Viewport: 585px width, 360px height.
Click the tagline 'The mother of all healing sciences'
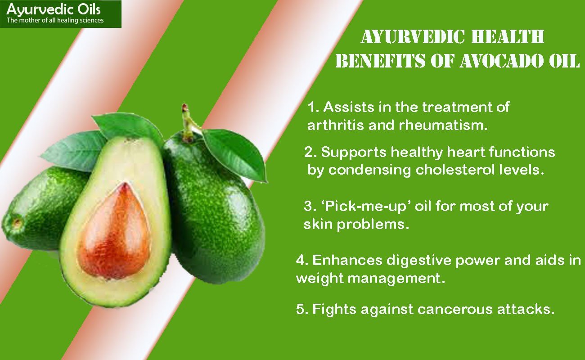pos(55,20)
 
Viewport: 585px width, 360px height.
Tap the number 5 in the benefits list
pos(301,310)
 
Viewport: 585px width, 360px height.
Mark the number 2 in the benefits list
pos(309,153)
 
